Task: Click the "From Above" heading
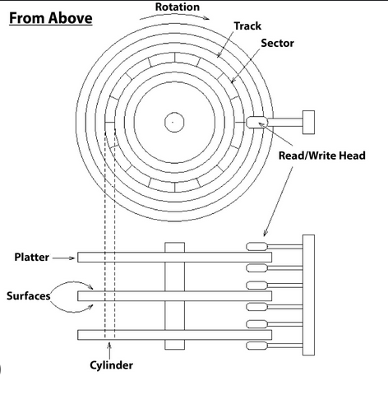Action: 51,18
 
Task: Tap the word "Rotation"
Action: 178,7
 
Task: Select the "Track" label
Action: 247,26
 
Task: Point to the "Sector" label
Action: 277,43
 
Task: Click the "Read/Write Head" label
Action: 322,156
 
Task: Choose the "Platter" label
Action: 31,257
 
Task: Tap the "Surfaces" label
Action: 29,295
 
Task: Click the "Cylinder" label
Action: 111,365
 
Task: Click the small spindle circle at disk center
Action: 174,122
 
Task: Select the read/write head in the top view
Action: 256,123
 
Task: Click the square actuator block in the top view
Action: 308,123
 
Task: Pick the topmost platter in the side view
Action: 174,258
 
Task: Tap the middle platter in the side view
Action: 174,296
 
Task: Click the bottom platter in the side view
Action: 174,335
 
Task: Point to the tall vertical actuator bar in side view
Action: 308,295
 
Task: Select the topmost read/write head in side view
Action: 256,246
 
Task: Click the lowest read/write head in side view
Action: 256,346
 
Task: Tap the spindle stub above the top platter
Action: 174,248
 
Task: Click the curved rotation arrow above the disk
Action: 174,16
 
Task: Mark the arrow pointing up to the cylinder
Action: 109,351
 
